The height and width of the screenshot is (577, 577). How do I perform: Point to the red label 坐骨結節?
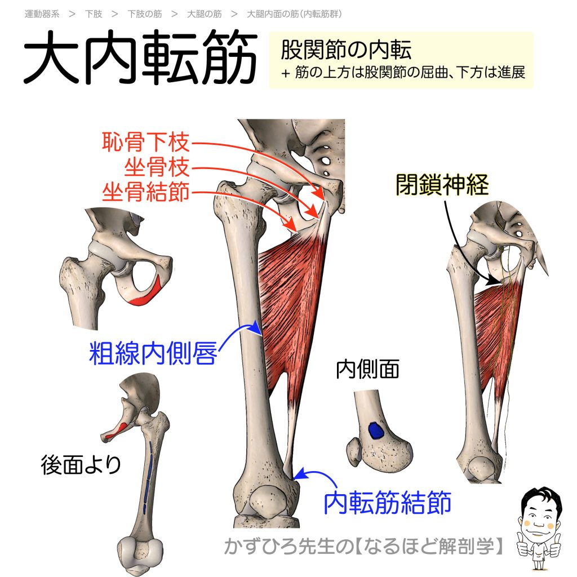pyautogui.click(x=146, y=193)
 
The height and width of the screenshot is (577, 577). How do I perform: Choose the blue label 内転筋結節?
pyautogui.click(x=388, y=501)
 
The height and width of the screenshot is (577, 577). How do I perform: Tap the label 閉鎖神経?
pyautogui.click(x=441, y=184)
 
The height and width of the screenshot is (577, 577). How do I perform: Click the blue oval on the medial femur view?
pyautogui.click(x=375, y=431)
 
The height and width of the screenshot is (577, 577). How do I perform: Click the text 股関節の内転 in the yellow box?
pyautogui.click(x=346, y=51)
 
